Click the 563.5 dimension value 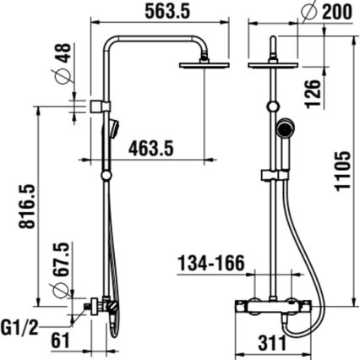click(x=166, y=13)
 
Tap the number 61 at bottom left click(x=59, y=341)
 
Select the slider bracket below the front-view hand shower click(x=272, y=174)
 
